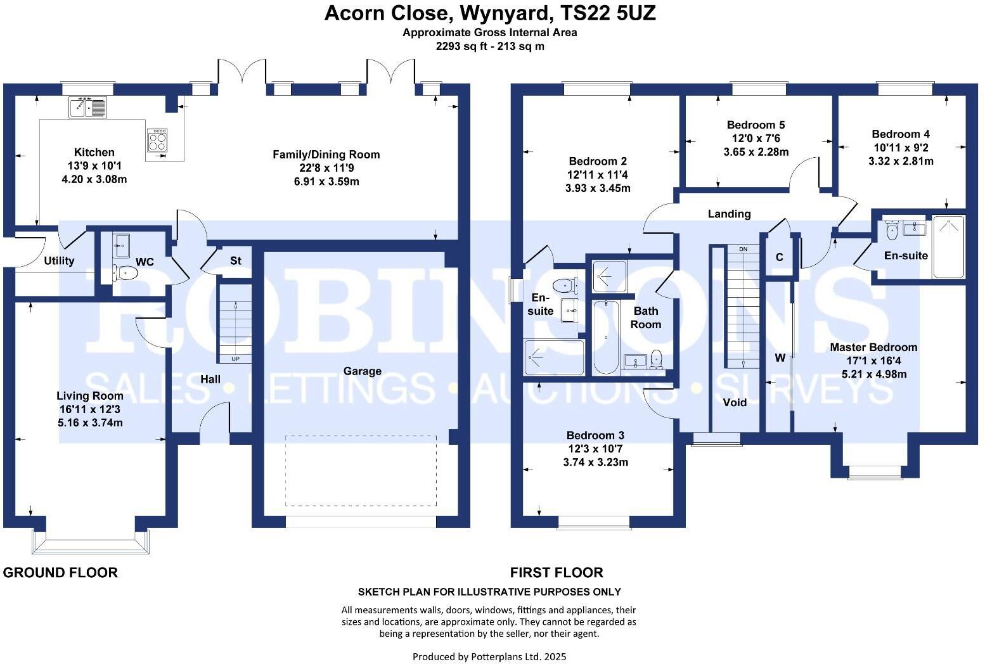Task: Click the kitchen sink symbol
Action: click(x=87, y=107)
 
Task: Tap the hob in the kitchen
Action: click(x=158, y=140)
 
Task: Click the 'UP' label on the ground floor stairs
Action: click(x=235, y=359)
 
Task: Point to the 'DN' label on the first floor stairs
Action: click(x=744, y=249)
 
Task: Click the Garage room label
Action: click(x=362, y=371)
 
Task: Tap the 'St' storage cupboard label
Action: click(x=235, y=260)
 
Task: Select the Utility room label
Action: click(x=59, y=260)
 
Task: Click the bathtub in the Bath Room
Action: click(x=606, y=337)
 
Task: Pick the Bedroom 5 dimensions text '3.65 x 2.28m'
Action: click(x=756, y=152)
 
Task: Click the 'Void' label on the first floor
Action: click(x=735, y=402)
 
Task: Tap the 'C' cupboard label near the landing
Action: click(x=779, y=257)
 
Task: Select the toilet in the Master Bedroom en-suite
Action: click(x=892, y=231)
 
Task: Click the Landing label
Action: click(x=729, y=214)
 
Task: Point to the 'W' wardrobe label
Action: click(x=780, y=358)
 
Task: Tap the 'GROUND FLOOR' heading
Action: click(x=60, y=573)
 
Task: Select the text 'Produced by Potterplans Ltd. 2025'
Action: click(x=489, y=656)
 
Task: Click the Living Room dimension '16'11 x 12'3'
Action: click(x=89, y=409)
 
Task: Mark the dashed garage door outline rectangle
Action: click(x=361, y=470)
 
